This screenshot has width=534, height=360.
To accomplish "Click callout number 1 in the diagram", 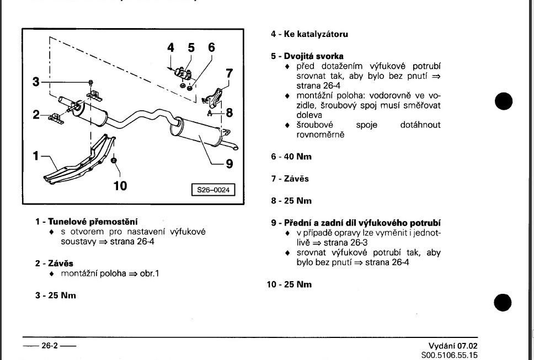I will click(x=37, y=156).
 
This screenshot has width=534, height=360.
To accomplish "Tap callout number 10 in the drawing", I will click(x=120, y=185).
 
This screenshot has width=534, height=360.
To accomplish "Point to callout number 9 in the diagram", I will click(x=229, y=164).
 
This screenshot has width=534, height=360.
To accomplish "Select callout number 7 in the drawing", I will click(x=229, y=73).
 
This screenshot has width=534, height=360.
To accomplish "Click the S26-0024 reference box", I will click(x=212, y=190).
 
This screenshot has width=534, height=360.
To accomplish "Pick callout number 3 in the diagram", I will click(x=36, y=82).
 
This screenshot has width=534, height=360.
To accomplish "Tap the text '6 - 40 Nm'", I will click(x=291, y=157).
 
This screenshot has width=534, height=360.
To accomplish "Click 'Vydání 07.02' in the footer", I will click(x=449, y=346).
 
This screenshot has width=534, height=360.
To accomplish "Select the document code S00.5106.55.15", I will click(x=449, y=356).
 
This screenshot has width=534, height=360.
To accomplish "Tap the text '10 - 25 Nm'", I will click(x=289, y=284).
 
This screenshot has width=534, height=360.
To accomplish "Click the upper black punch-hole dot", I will click(x=504, y=101).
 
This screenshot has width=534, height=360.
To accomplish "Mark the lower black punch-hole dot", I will click(x=504, y=302).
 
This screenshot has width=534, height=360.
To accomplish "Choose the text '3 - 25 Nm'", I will click(x=56, y=295).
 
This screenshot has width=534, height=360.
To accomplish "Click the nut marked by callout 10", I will click(x=114, y=160).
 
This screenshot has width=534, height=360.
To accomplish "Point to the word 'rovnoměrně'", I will click(x=320, y=135).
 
